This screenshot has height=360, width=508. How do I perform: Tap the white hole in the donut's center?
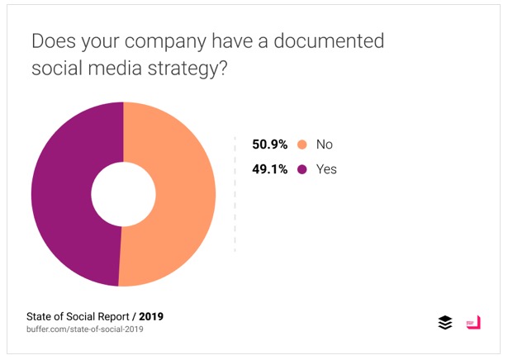coord(122,194)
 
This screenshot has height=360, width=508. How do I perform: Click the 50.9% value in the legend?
coord(270,144)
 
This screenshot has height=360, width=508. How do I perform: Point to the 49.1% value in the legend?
coord(270,169)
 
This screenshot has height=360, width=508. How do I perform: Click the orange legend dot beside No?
coord(301,144)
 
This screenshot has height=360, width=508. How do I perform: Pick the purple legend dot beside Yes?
coord(301,169)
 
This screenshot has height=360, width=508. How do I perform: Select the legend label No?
coord(325,144)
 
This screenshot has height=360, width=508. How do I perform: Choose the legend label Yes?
coord(327,169)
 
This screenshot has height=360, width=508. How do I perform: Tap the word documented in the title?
coord(334,40)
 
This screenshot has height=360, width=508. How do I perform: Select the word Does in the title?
coord(51,40)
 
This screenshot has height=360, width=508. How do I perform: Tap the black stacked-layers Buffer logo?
coord(445,323)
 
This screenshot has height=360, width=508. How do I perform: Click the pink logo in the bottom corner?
coord(472,323)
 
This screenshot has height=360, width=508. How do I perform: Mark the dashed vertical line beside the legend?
coord(235,194)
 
